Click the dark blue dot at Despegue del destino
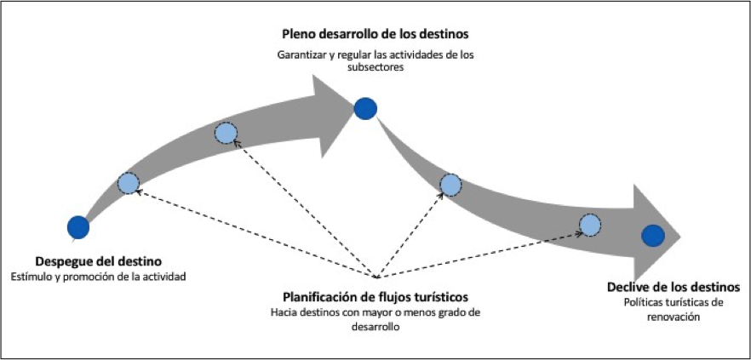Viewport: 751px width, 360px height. pyautogui.click(x=78, y=226)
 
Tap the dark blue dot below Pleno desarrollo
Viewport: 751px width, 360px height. pyautogui.click(x=365, y=108)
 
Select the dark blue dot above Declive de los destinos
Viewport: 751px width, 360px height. pyautogui.click(x=653, y=236)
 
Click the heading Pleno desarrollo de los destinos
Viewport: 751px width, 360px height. pyautogui.click(x=376, y=36)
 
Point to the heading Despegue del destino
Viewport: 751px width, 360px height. pyautogui.click(x=99, y=260)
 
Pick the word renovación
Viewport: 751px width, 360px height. pyautogui.click(x=674, y=317)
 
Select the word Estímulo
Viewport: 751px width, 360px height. pyautogui.click(x=30, y=277)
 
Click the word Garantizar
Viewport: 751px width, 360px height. pyautogui.click(x=302, y=56)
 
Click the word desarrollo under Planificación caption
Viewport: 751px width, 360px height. pyautogui.click(x=376, y=328)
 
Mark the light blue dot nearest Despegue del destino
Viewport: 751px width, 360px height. pyautogui.click(x=128, y=182)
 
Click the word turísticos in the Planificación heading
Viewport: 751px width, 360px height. pyautogui.click(x=437, y=297)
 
